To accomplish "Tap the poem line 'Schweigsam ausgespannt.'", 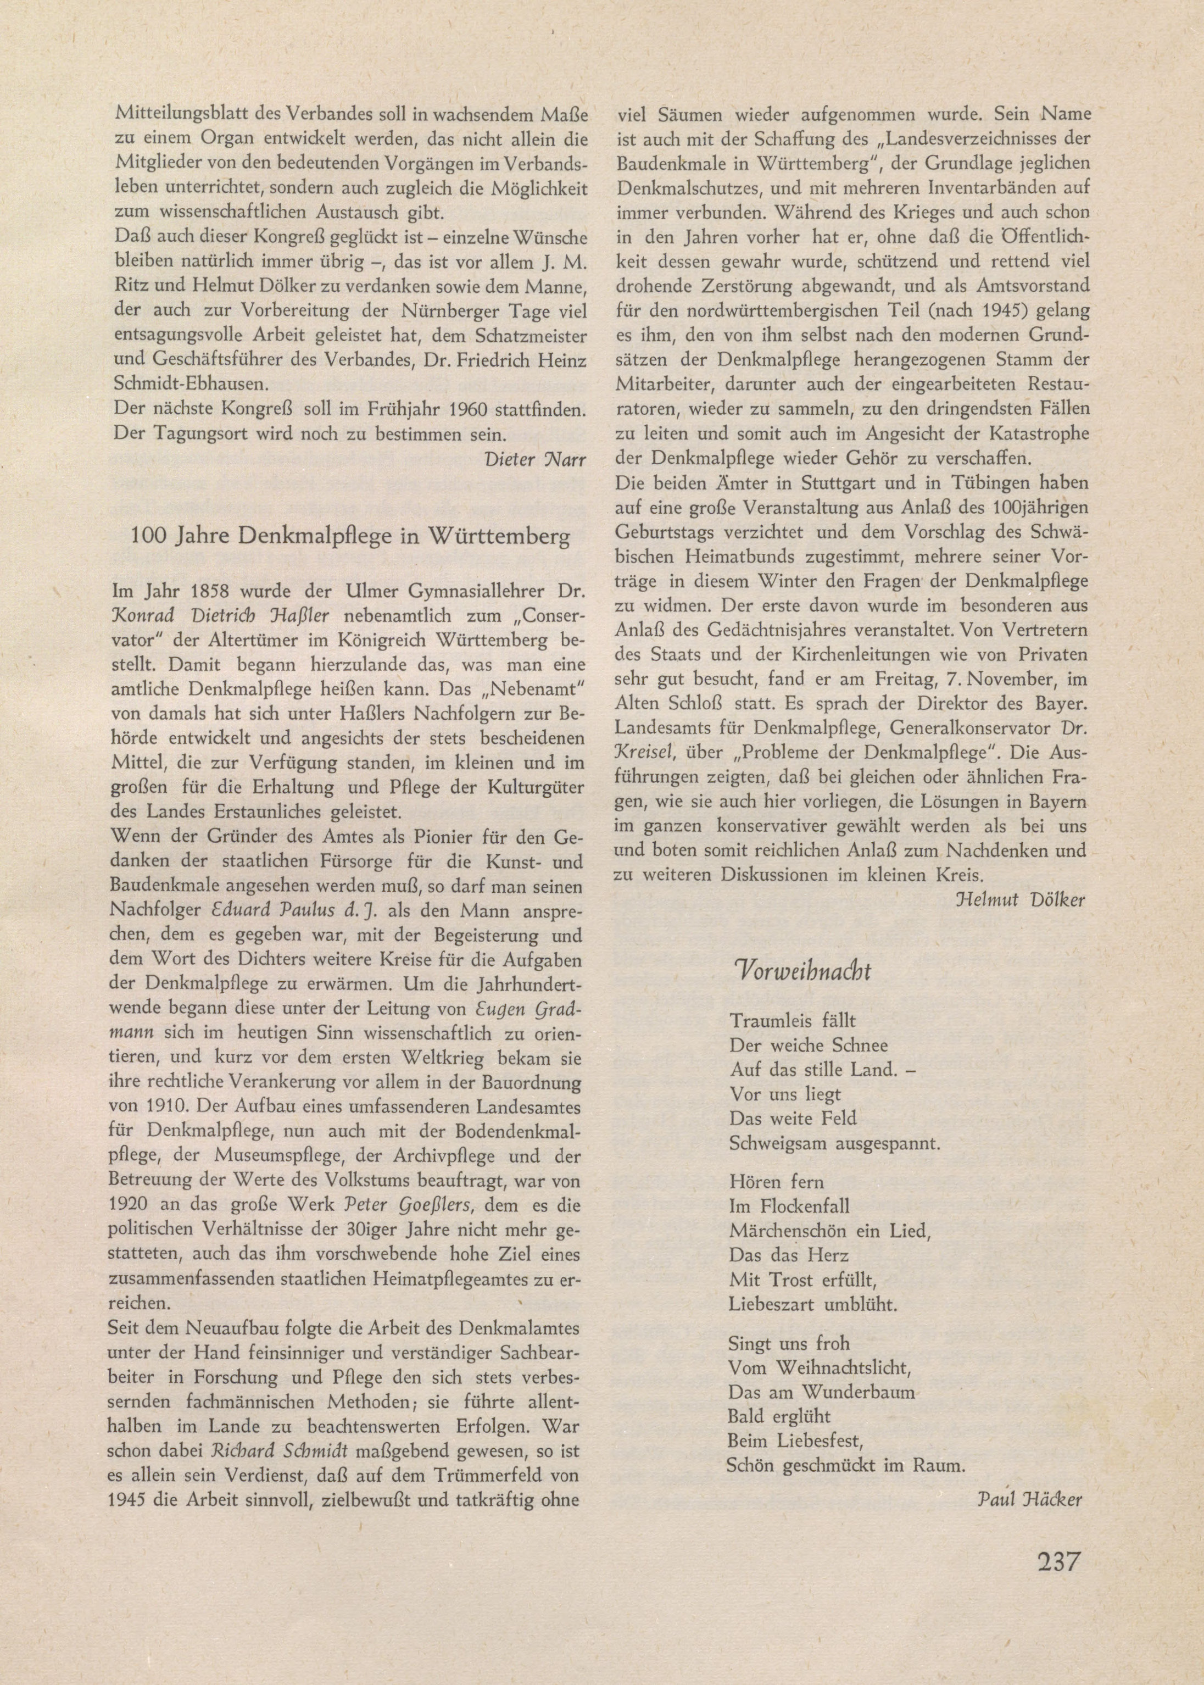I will pyautogui.click(x=834, y=1143).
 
